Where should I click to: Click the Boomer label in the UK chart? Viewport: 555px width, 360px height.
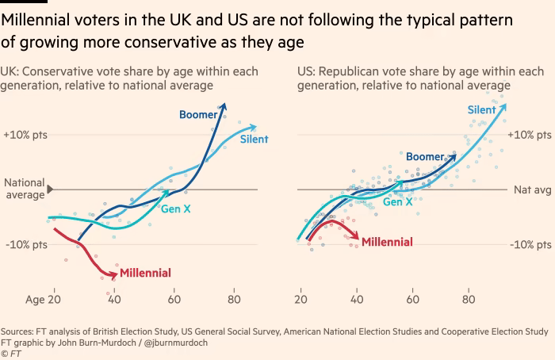[197, 115]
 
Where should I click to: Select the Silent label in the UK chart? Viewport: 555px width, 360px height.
[255, 139]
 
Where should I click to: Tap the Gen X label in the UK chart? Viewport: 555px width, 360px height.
[176, 209]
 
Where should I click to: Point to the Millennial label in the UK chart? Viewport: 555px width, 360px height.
[145, 274]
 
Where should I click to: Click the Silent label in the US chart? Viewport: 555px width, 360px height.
[481, 110]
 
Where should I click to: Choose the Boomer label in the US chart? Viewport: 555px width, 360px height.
[425, 157]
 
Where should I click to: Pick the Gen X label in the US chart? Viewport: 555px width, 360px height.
[397, 202]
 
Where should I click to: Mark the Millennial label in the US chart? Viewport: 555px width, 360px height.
[387, 242]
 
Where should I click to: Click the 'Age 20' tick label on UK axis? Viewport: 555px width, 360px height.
[43, 301]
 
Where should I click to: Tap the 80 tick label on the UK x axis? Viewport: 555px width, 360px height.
[234, 301]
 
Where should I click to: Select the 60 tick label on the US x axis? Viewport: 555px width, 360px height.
[412, 301]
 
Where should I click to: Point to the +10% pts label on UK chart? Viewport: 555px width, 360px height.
[25, 135]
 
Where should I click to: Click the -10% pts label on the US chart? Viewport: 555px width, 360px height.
[530, 244]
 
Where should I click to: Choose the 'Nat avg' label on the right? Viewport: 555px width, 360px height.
[532, 190]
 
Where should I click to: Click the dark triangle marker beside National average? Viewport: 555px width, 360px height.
[51, 189]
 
